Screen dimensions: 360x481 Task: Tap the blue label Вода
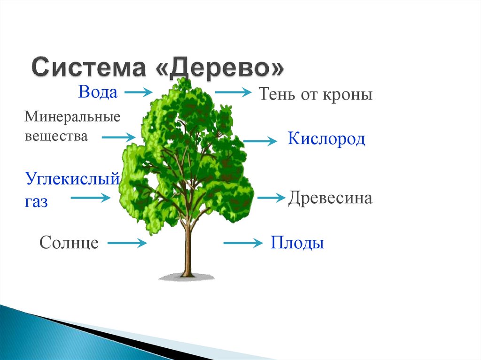(98, 92)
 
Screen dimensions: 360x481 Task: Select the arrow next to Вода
(140, 92)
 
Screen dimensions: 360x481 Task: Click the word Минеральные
(72, 116)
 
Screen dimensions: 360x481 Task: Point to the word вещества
(56, 136)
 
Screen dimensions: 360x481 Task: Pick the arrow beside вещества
(118, 137)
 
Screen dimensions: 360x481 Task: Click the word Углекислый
(70, 179)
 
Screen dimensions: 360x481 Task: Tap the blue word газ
(36, 202)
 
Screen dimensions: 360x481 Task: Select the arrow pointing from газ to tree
(90, 198)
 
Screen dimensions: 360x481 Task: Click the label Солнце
(69, 243)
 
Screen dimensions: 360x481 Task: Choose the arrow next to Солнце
(127, 243)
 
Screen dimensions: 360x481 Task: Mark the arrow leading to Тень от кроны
(233, 92)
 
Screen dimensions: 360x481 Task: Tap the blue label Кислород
(326, 139)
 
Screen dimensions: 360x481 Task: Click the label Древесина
(330, 198)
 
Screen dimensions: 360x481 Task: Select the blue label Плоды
(297, 243)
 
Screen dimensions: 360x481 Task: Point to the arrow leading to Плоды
(242, 243)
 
